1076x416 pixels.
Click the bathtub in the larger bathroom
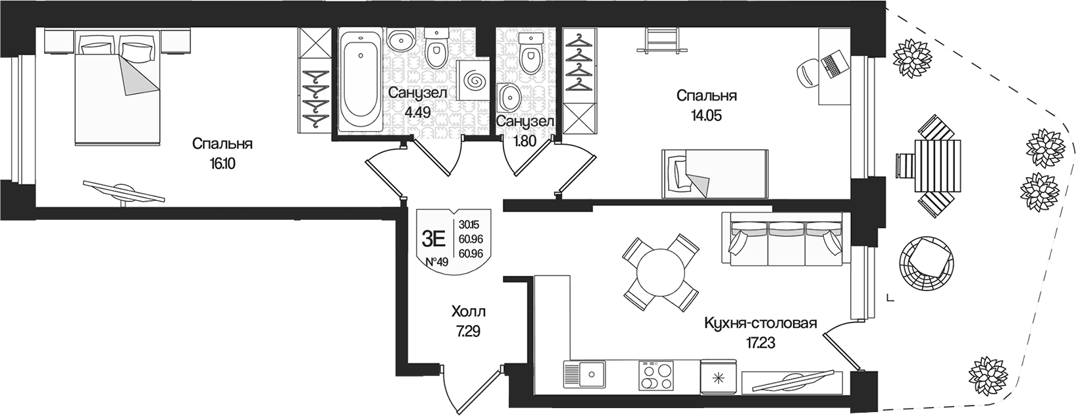pos(361,79)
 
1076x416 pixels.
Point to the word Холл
pos(469,311)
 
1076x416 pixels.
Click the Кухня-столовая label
pos(760,323)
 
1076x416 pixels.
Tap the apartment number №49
pos(436,262)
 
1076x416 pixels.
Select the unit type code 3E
pos(434,238)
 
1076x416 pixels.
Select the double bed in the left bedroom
pos(117,86)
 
